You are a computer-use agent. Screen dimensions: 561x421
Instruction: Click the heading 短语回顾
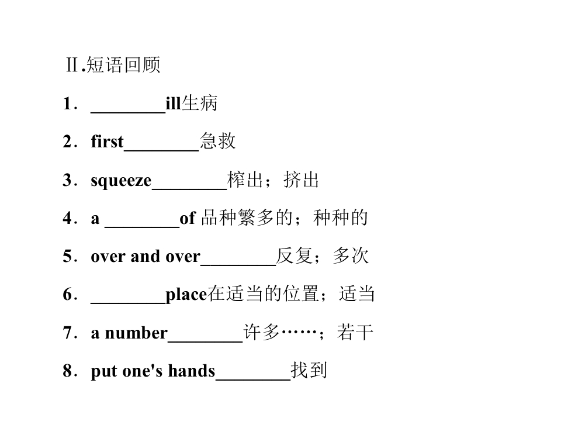point(123,65)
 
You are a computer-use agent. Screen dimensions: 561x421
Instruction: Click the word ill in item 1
point(173,103)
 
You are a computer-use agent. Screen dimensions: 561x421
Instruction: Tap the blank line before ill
point(128,113)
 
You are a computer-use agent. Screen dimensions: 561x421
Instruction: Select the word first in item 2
point(108,141)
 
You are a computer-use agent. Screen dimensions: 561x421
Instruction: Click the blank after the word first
point(161,151)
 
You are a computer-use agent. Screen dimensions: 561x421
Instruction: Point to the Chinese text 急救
point(217,141)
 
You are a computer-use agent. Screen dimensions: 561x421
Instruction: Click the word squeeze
point(122,180)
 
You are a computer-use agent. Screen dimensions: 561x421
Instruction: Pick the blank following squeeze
point(189,189)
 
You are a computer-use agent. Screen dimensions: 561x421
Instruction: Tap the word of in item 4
point(188,218)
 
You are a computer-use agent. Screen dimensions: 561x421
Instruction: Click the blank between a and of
point(142,227)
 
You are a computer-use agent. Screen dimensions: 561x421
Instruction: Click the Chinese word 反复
point(294,256)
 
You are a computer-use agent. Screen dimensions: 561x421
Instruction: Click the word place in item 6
point(186,295)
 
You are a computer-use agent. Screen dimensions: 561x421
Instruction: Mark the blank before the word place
point(128,303)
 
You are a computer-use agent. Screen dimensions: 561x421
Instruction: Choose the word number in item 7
point(136,333)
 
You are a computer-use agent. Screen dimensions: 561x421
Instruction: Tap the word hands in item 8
point(192,371)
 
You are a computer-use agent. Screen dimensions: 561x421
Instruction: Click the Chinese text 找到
point(309,370)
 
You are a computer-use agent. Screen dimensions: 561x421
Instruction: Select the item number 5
point(68,256)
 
